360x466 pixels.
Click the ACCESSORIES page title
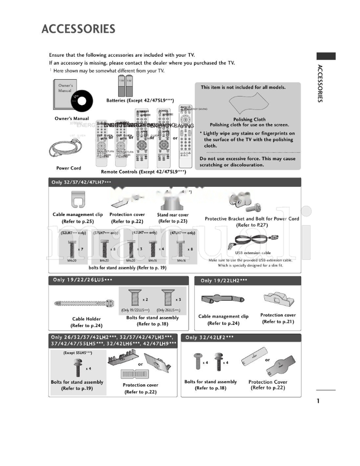click(x=78, y=29)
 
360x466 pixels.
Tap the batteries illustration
click(x=126, y=86)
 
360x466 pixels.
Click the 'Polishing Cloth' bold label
click(x=249, y=120)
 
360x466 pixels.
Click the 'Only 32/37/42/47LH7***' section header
click(x=81, y=182)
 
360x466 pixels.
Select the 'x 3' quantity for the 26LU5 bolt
click(x=178, y=300)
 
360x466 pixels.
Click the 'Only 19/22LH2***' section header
click(x=224, y=281)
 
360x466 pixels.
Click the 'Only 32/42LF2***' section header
click(x=210, y=337)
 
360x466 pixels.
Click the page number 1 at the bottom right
click(x=318, y=401)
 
